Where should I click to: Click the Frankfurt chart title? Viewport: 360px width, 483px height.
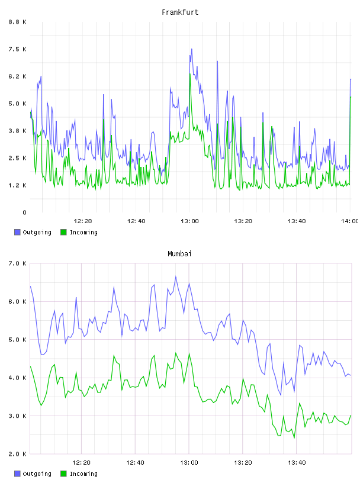180,12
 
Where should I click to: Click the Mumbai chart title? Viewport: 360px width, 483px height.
179,253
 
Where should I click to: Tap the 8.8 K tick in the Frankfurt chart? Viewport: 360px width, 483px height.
18,22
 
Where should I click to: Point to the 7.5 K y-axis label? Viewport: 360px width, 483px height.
18,49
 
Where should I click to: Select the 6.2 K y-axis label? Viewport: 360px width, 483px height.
18,76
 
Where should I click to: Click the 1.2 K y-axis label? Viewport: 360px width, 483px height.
18,185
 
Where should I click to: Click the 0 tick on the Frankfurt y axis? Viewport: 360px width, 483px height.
24,212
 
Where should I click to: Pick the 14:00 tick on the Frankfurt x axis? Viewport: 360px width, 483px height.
349,221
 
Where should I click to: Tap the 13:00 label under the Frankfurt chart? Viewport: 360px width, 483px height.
189,221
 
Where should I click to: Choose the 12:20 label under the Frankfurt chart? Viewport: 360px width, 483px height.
83,221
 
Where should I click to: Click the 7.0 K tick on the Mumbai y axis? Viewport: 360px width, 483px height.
18,263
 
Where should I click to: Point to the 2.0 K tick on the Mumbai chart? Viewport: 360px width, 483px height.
18,454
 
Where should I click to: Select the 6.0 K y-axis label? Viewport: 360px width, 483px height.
18,301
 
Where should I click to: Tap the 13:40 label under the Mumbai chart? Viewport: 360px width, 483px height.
297,462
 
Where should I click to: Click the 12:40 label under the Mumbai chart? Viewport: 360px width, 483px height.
135,462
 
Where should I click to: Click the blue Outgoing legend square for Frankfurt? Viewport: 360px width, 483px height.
17,232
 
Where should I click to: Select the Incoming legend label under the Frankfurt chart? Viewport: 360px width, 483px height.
83,232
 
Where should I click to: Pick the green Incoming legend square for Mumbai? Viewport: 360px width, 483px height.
63,474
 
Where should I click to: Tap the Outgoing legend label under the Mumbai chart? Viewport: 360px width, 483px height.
37,474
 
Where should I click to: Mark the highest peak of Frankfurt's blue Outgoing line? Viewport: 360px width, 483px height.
192,49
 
